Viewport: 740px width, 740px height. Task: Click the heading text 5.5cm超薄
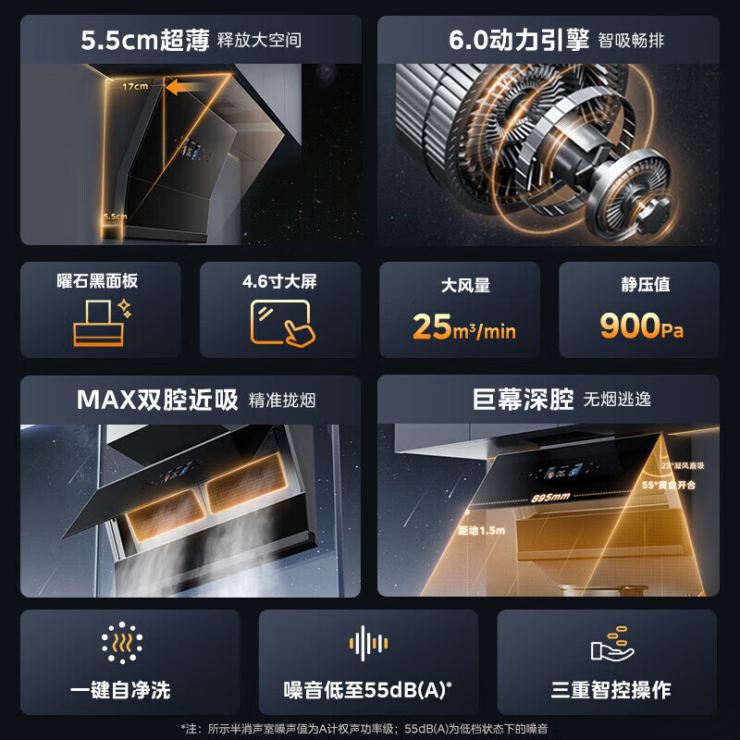click(143, 40)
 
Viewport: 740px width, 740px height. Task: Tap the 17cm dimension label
click(135, 87)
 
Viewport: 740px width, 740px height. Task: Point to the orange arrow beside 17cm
click(184, 88)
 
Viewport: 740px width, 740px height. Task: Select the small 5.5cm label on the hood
click(116, 216)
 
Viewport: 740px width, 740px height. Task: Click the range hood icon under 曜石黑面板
click(99, 322)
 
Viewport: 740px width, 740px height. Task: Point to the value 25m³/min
click(464, 327)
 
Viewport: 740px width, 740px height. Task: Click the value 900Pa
click(642, 327)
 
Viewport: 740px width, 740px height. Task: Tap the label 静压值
click(645, 285)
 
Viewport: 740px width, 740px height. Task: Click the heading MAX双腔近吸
click(157, 400)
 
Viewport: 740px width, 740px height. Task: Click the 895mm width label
click(551, 498)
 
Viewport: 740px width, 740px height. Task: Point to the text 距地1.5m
click(478, 531)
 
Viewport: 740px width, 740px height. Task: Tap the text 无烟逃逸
click(617, 400)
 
